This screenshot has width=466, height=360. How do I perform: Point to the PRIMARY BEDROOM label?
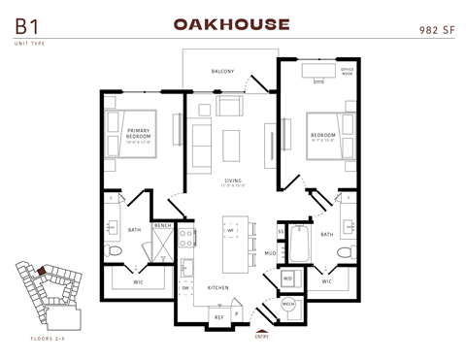tap(138, 133)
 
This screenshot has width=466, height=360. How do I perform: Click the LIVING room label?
tap(233, 180)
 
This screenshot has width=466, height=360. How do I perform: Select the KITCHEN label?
tap(217, 288)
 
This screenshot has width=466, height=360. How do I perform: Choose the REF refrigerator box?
tap(218, 315)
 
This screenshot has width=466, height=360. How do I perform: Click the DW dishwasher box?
tap(185, 288)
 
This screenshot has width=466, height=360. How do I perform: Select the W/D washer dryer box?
tap(288, 278)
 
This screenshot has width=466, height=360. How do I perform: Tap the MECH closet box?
tap(288, 304)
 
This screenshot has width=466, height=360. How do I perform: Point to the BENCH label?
tap(162, 225)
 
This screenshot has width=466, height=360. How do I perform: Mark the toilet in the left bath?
tap(114, 252)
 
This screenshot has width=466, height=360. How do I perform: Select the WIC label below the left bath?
tap(139, 281)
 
